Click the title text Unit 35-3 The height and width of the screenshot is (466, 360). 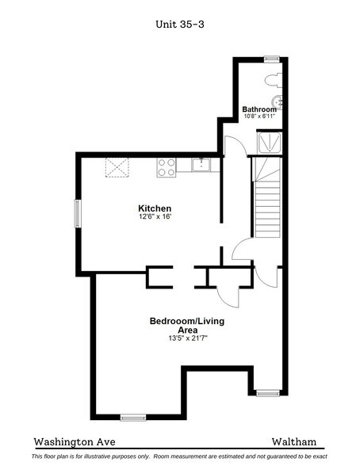pyautogui.click(x=180, y=24)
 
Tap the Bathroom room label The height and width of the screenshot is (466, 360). pyautogui.click(x=259, y=109)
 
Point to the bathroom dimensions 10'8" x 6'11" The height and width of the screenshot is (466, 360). pyautogui.click(x=259, y=116)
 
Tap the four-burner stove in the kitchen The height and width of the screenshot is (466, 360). pyautogui.click(x=167, y=166)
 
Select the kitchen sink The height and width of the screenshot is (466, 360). pyautogui.click(x=201, y=165)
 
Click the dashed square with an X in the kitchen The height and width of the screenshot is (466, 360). pyautogui.click(x=119, y=168)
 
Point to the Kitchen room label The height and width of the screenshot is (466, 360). pyautogui.click(x=155, y=208)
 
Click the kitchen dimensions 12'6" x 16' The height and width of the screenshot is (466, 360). pyautogui.click(x=155, y=216)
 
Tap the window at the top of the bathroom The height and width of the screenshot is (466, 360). pyautogui.click(x=271, y=57)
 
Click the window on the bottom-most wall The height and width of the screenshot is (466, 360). pyautogui.click(x=132, y=416)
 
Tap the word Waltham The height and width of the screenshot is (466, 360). pyautogui.click(x=294, y=442)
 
